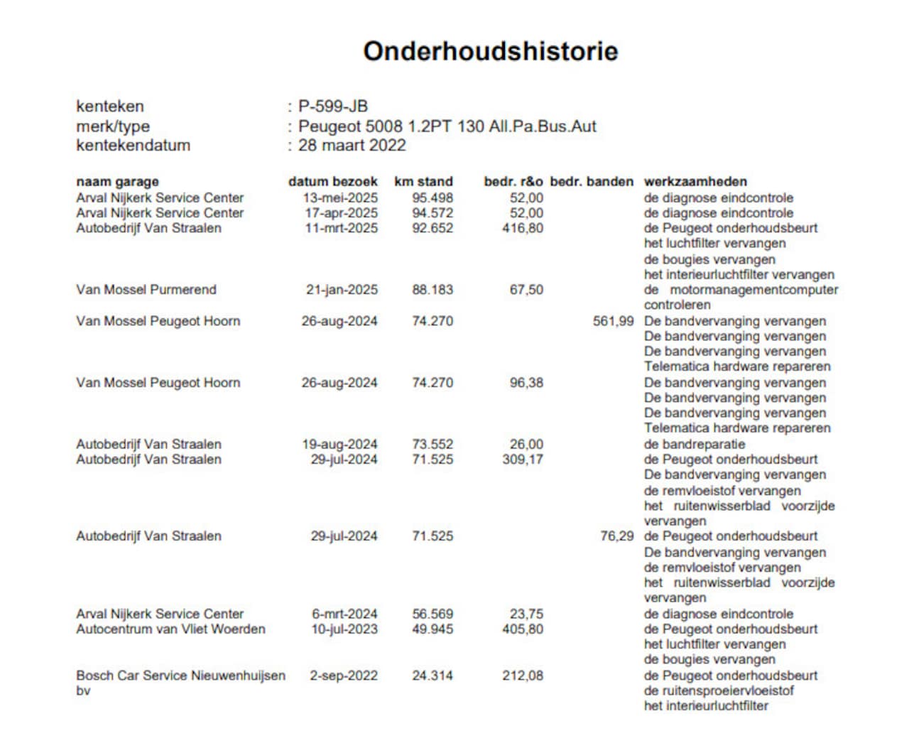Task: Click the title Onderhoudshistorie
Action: click(490, 51)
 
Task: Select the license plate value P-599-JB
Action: click(332, 107)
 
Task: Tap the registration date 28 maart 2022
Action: click(352, 146)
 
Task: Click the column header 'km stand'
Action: click(423, 182)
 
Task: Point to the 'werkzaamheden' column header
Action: click(695, 182)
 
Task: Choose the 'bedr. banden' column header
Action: click(592, 182)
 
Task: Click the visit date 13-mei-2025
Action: click(340, 198)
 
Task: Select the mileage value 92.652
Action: click(432, 229)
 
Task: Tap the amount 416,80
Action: click(523, 229)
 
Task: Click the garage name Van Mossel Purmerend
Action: click(146, 290)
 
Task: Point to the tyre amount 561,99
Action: click(613, 321)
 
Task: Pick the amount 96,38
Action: click(526, 383)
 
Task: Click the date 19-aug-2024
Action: click(339, 445)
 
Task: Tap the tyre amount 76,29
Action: click(616, 536)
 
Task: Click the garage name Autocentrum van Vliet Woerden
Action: click(170, 629)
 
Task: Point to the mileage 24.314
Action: click(432, 676)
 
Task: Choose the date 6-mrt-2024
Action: click(344, 614)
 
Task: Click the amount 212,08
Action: click(523, 676)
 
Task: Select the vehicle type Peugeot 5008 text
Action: click(447, 126)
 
